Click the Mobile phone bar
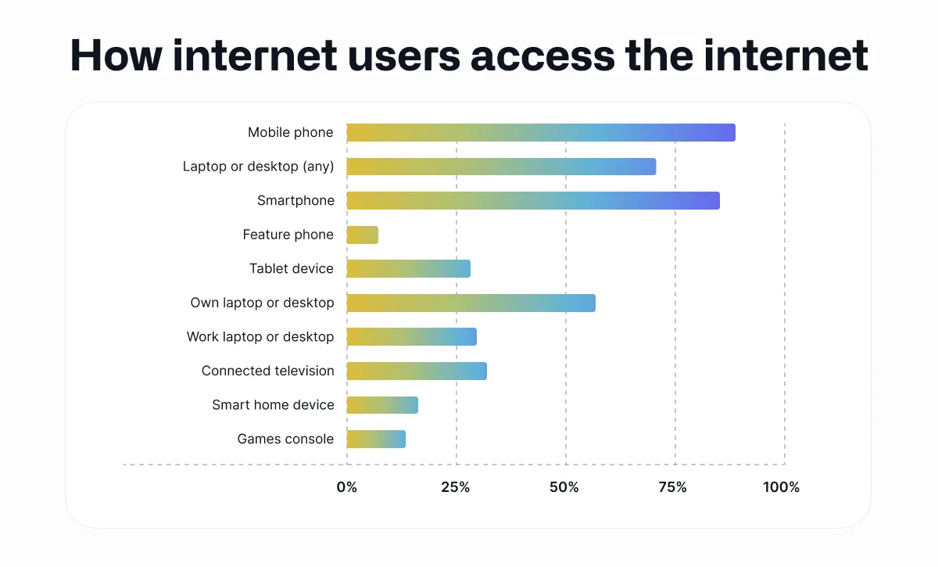pyautogui.click(x=541, y=133)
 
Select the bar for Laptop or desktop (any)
pyautogui.click(x=501, y=167)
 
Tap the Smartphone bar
pyautogui.click(x=533, y=201)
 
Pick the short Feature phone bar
pyautogui.click(x=363, y=235)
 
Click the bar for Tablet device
pyautogui.click(x=409, y=269)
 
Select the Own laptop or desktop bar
pyautogui.click(x=471, y=303)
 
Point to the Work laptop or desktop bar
pyautogui.click(x=411, y=337)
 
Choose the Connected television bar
pyautogui.click(x=417, y=371)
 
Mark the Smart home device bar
pyautogui.click(x=382, y=405)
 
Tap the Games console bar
pyautogui.click(x=376, y=439)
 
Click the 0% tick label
pyautogui.click(x=346, y=487)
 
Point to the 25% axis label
pyautogui.click(x=456, y=487)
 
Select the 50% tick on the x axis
pyautogui.click(x=564, y=487)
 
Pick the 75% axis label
pyautogui.click(x=673, y=487)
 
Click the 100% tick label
pyautogui.click(x=782, y=487)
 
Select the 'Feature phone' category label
pyautogui.click(x=288, y=235)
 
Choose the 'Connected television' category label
pyautogui.click(x=267, y=371)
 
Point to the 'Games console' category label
pyautogui.click(x=285, y=439)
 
